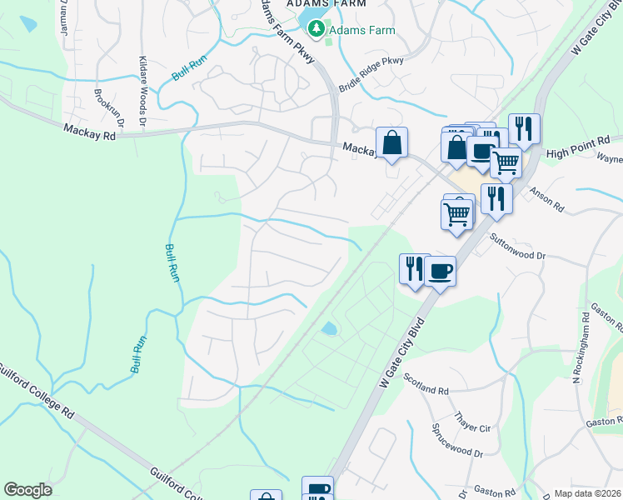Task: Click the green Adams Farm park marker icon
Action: pos(316,31)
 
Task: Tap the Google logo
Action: pos(27,490)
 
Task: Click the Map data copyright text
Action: pos(586,493)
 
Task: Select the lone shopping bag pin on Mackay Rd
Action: pos(391,142)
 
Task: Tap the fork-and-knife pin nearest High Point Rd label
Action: pos(524,128)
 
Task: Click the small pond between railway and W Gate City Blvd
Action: pos(330,328)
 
